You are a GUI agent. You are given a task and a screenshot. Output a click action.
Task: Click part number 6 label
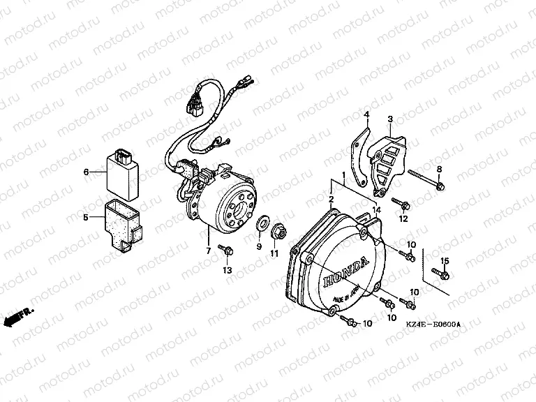point(87,171)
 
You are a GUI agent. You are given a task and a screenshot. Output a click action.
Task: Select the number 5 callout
point(87,217)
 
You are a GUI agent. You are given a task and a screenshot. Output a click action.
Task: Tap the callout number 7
point(207,251)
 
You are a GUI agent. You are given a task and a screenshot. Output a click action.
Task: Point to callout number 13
point(227,270)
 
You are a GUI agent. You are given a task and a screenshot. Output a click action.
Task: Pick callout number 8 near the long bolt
point(439,170)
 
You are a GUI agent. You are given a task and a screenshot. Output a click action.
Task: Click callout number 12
point(403,218)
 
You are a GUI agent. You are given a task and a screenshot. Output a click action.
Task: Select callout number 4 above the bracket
point(365,114)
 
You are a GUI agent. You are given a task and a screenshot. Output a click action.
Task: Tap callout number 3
point(390,119)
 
